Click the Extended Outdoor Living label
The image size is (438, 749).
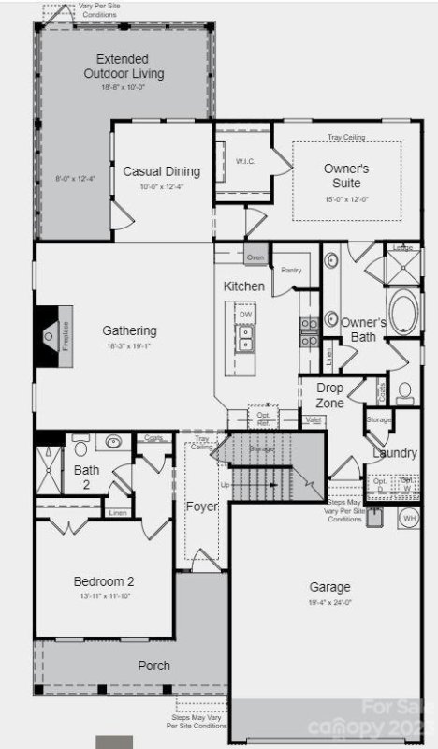pos(123,66)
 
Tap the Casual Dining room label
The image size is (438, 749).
pos(162,171)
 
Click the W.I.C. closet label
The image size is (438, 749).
pos(245,161)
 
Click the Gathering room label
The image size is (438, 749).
pos(129,330)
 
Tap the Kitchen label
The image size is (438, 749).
pos(243,286)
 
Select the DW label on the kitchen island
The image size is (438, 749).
pos(246,316)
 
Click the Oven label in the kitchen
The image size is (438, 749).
pos(255,257)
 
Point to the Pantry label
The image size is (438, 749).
pos(289,270)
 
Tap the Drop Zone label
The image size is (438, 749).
pos(329,395)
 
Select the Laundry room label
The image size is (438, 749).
pos(394,453)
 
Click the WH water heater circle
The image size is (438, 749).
pos(409,517)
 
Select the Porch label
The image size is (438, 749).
pos(153,666)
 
